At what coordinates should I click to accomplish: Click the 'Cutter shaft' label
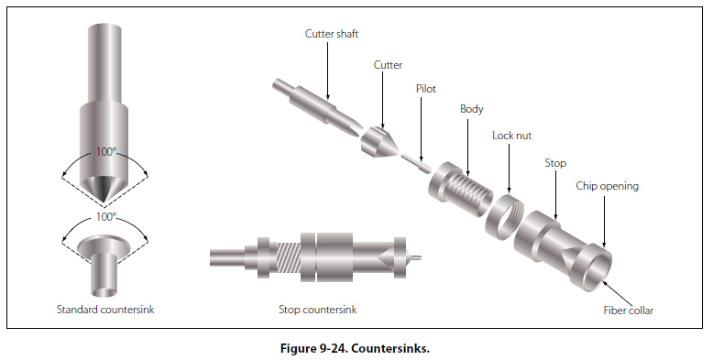(332, 34)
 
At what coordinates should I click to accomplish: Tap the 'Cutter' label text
(388, 65)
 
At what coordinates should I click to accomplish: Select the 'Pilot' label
(426, 89)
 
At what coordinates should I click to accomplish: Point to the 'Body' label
(472, 109)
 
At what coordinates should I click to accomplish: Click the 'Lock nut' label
(512, 136)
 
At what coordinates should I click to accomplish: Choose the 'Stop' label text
(555, 163)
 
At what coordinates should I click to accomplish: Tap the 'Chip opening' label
(607, 186)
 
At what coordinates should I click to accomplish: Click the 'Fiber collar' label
(629, 311)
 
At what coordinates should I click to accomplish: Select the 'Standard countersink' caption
(105, 310)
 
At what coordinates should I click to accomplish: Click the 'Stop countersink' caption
(318, 310)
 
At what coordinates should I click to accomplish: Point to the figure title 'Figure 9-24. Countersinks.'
(356, 349)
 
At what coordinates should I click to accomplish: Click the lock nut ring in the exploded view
(505, 213)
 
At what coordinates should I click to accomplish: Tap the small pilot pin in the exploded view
(416, 162)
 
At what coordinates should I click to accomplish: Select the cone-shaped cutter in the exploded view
(378, 141)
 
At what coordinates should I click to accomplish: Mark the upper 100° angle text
(105, 151)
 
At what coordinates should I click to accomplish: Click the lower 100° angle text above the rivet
(105, 217)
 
